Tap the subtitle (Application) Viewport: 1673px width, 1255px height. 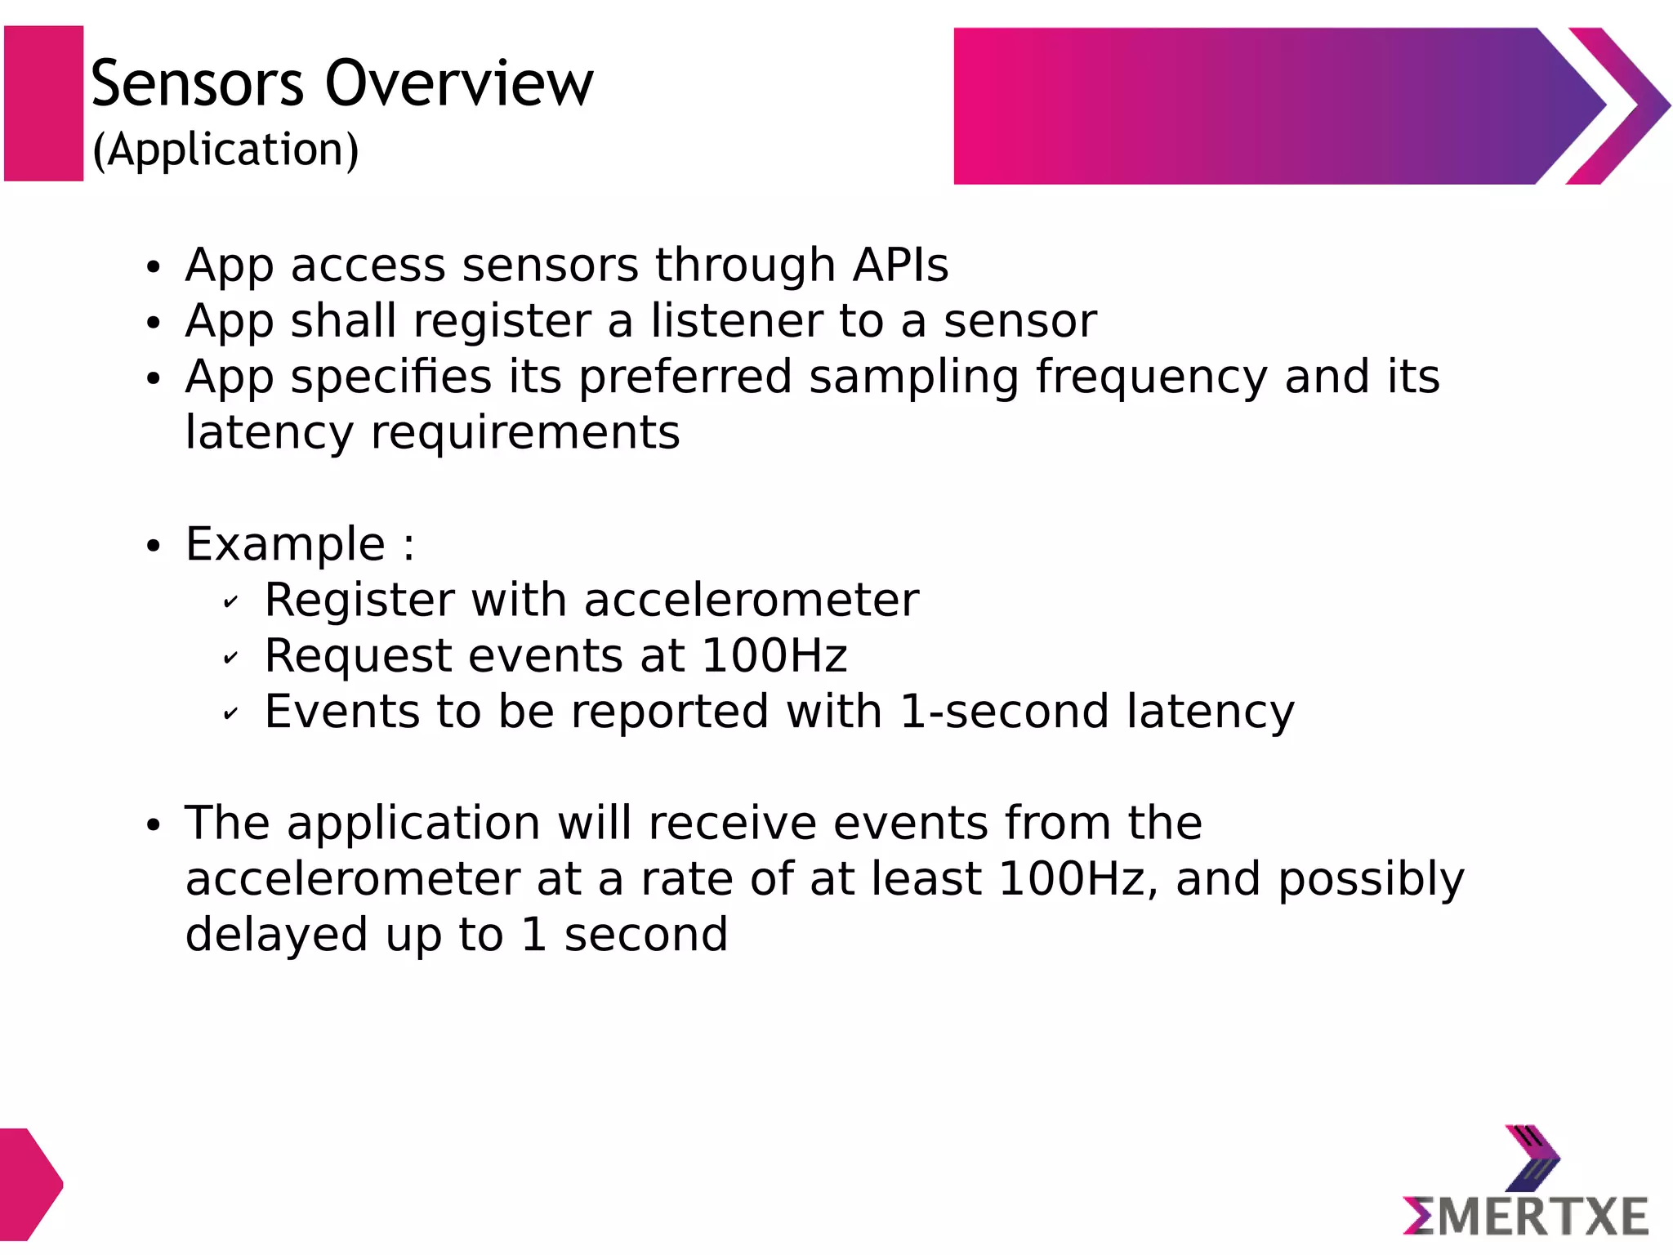[x=225, y=150]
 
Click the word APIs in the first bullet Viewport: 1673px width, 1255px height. [x=900, y=265]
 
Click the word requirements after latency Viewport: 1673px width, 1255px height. [x=525, y=432]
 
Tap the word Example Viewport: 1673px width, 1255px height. [x=285, y=544]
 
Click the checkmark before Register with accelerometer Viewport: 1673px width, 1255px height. [x=230, y=603]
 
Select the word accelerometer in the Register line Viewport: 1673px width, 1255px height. [x=752, y=600]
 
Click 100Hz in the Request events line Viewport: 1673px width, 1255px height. [x=774, y=655]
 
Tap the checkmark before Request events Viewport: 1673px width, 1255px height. [x=230, y=659]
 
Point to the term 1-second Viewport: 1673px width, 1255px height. [x=1004, y=711]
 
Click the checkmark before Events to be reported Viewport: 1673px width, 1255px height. [x=230, y=714]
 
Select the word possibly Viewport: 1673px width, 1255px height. [x=1371, y=880]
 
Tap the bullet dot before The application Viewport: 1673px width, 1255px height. [x=154, y=826]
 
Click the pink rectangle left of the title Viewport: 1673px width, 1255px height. [x=44, y=104]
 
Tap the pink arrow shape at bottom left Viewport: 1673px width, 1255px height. [x=29, y=1183]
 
